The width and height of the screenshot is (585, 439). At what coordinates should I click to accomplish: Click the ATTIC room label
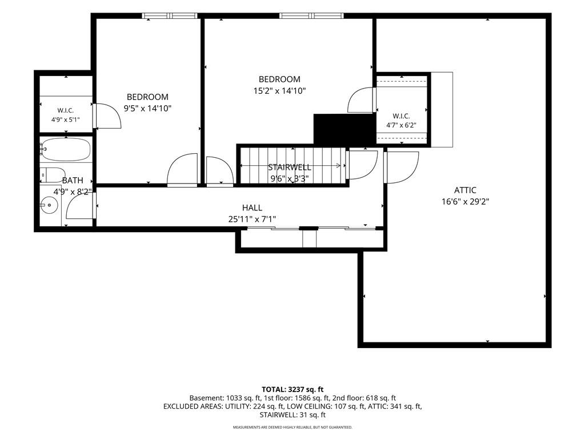point(465,190)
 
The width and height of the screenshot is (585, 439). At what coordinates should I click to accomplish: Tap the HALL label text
point(252,207)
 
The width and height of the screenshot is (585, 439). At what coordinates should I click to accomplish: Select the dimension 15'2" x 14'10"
point(279,91)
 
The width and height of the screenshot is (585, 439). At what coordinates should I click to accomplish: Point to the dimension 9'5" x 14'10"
point(148,109)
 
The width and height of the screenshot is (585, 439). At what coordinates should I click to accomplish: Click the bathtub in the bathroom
point(65,149)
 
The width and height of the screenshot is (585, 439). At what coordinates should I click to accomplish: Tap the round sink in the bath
point(49,205)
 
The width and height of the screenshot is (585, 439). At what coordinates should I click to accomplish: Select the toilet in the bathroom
point(53,175)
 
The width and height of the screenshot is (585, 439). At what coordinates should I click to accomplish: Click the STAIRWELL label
point(290,167)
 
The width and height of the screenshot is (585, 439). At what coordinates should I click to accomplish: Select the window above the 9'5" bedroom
point(170,15)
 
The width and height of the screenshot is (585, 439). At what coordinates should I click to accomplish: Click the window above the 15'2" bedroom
point(311,15)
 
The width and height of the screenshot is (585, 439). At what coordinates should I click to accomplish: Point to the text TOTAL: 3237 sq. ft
point(292,390)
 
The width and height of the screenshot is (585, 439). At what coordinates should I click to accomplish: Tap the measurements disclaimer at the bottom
point(292,427)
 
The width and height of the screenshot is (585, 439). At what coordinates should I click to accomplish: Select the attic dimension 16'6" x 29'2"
point(465,202)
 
